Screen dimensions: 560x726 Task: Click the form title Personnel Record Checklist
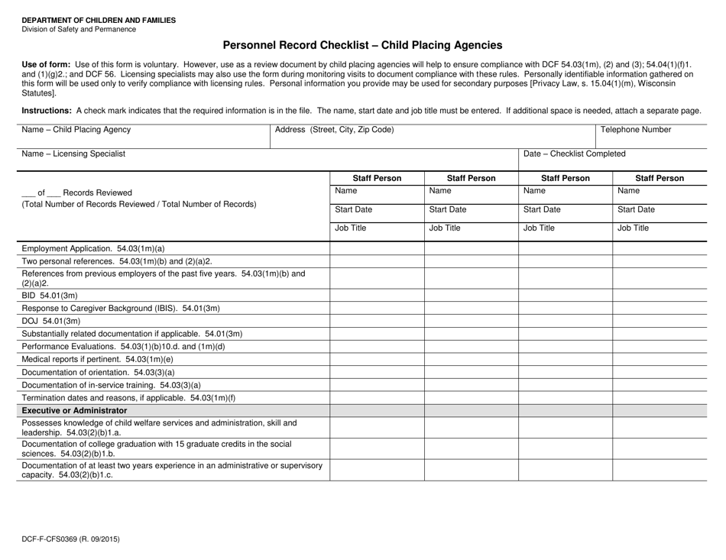coord(362,46)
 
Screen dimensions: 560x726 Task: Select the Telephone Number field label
coord(637,130)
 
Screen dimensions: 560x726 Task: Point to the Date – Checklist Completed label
coord(574,154)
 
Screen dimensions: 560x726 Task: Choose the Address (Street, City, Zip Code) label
coord(334,130)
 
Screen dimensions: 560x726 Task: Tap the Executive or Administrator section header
coord(74,410)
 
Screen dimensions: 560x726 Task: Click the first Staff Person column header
coord(376,179)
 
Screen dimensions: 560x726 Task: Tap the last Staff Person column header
coord(660,179)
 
